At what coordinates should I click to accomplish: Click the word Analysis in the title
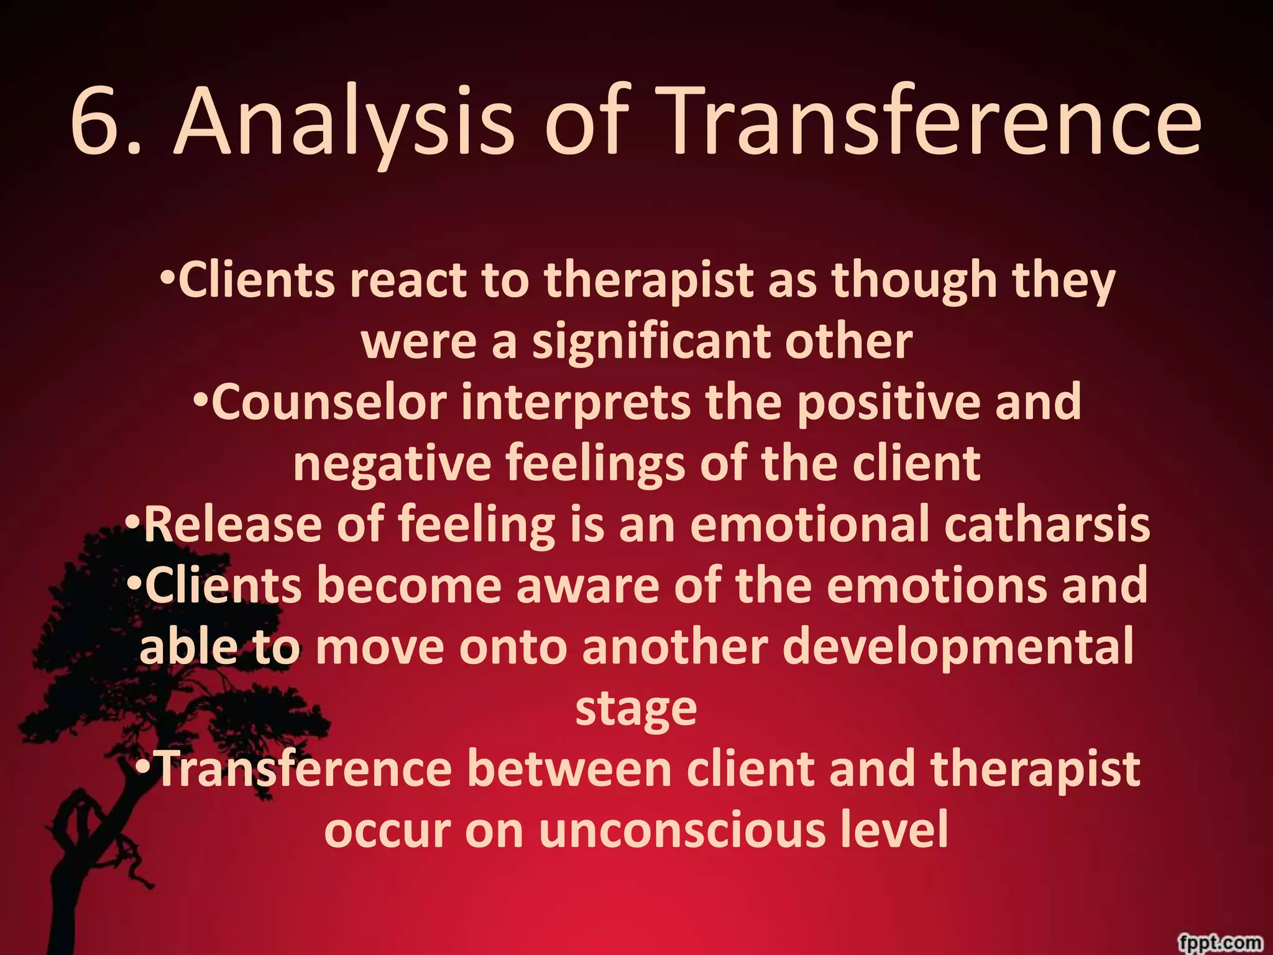(x=344, y=124)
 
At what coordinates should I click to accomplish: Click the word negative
(x=392, y=464)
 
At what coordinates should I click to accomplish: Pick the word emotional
(x=809, y=524)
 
